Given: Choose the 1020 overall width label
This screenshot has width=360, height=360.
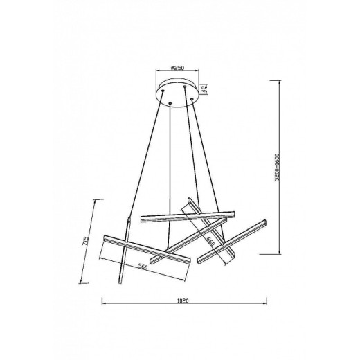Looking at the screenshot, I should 183,301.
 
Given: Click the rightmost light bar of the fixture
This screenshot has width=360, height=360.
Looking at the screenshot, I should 233,241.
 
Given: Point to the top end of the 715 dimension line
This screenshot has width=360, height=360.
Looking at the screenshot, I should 94,198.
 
